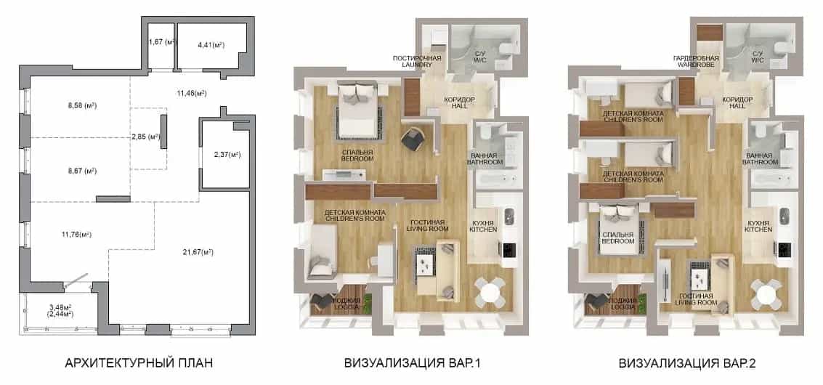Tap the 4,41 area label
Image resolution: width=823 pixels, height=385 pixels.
211,45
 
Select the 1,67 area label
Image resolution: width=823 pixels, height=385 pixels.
161,41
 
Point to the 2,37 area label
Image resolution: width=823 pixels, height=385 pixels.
227,155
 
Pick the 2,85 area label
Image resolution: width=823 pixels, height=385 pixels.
146,137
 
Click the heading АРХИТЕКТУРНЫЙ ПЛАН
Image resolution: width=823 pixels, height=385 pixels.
139,363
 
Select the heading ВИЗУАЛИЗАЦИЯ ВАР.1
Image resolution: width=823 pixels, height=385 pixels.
412,363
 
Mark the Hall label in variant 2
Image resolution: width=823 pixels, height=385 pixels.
737,106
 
